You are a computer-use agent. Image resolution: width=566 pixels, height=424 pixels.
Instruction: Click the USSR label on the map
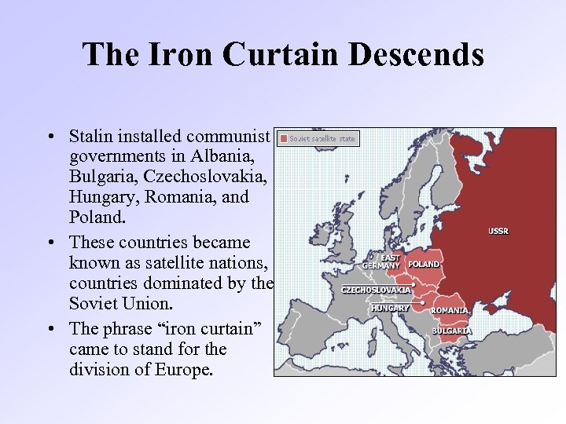coord(498,231)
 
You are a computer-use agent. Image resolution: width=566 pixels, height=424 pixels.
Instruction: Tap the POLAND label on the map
coord(424,265)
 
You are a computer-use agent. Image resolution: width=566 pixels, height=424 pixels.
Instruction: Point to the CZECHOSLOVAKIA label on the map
coord(376,290)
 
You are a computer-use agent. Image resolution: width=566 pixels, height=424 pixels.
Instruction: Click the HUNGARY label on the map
coord(390,308)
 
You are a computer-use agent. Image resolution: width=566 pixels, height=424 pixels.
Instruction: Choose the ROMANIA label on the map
coord(450,310)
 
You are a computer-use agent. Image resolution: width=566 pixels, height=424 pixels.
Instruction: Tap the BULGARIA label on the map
coord(451,331)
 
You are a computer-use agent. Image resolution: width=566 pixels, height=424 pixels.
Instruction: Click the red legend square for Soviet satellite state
coord(284,138)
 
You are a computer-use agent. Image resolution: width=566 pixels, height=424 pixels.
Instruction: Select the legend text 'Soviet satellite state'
coord(322,138)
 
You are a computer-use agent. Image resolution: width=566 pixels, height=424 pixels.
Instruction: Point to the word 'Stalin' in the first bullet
coord(91,136)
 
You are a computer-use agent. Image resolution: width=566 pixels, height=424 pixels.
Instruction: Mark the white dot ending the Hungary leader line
coord(424,302)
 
